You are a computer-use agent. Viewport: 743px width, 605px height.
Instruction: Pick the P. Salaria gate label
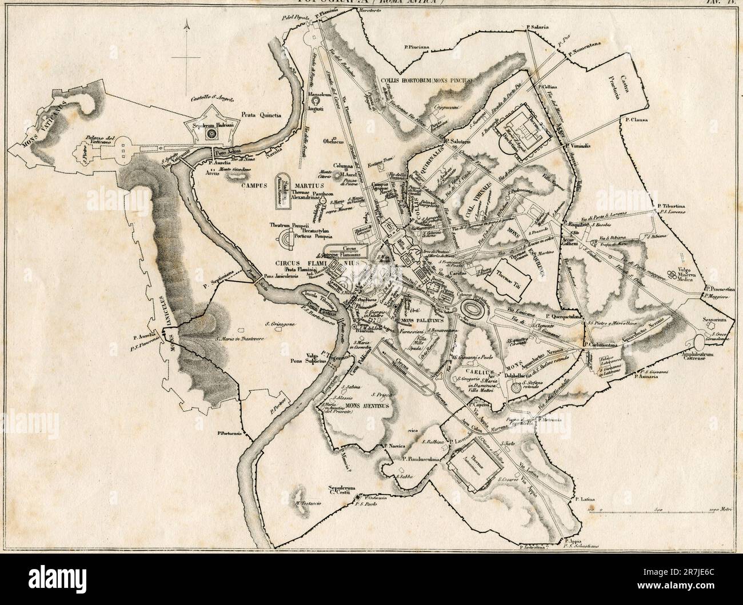(538, 27)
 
